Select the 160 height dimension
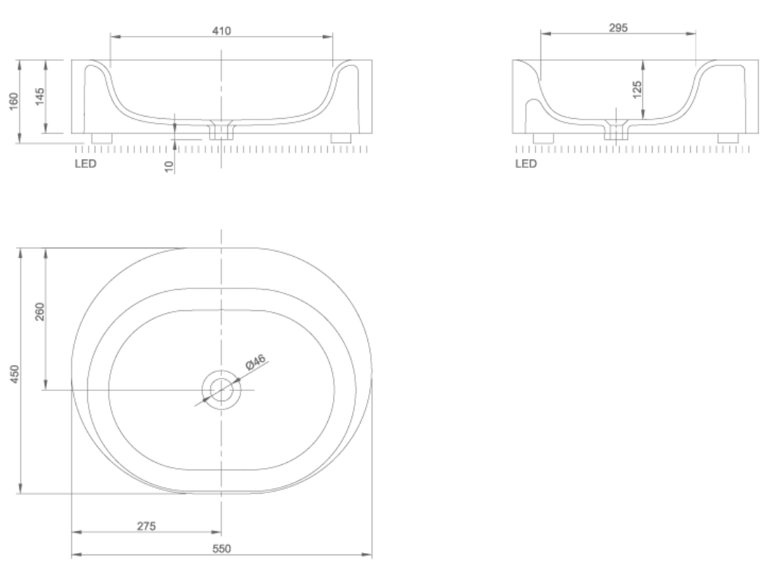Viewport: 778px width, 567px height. click(12, 100)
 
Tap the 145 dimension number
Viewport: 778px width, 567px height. click(40, 96)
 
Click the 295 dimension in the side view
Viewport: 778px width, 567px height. click(618, 28)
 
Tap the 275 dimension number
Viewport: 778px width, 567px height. click(146, 526)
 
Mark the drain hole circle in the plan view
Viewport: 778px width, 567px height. click(221, 389)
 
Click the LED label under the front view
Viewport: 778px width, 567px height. click(86, 164)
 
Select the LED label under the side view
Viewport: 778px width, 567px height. click(526, 164)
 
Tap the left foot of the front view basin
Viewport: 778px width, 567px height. click(101, 137)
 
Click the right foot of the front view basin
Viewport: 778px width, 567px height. click(341, 137)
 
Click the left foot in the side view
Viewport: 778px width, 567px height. click(543, 137)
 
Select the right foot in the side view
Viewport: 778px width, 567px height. click(727, 137)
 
